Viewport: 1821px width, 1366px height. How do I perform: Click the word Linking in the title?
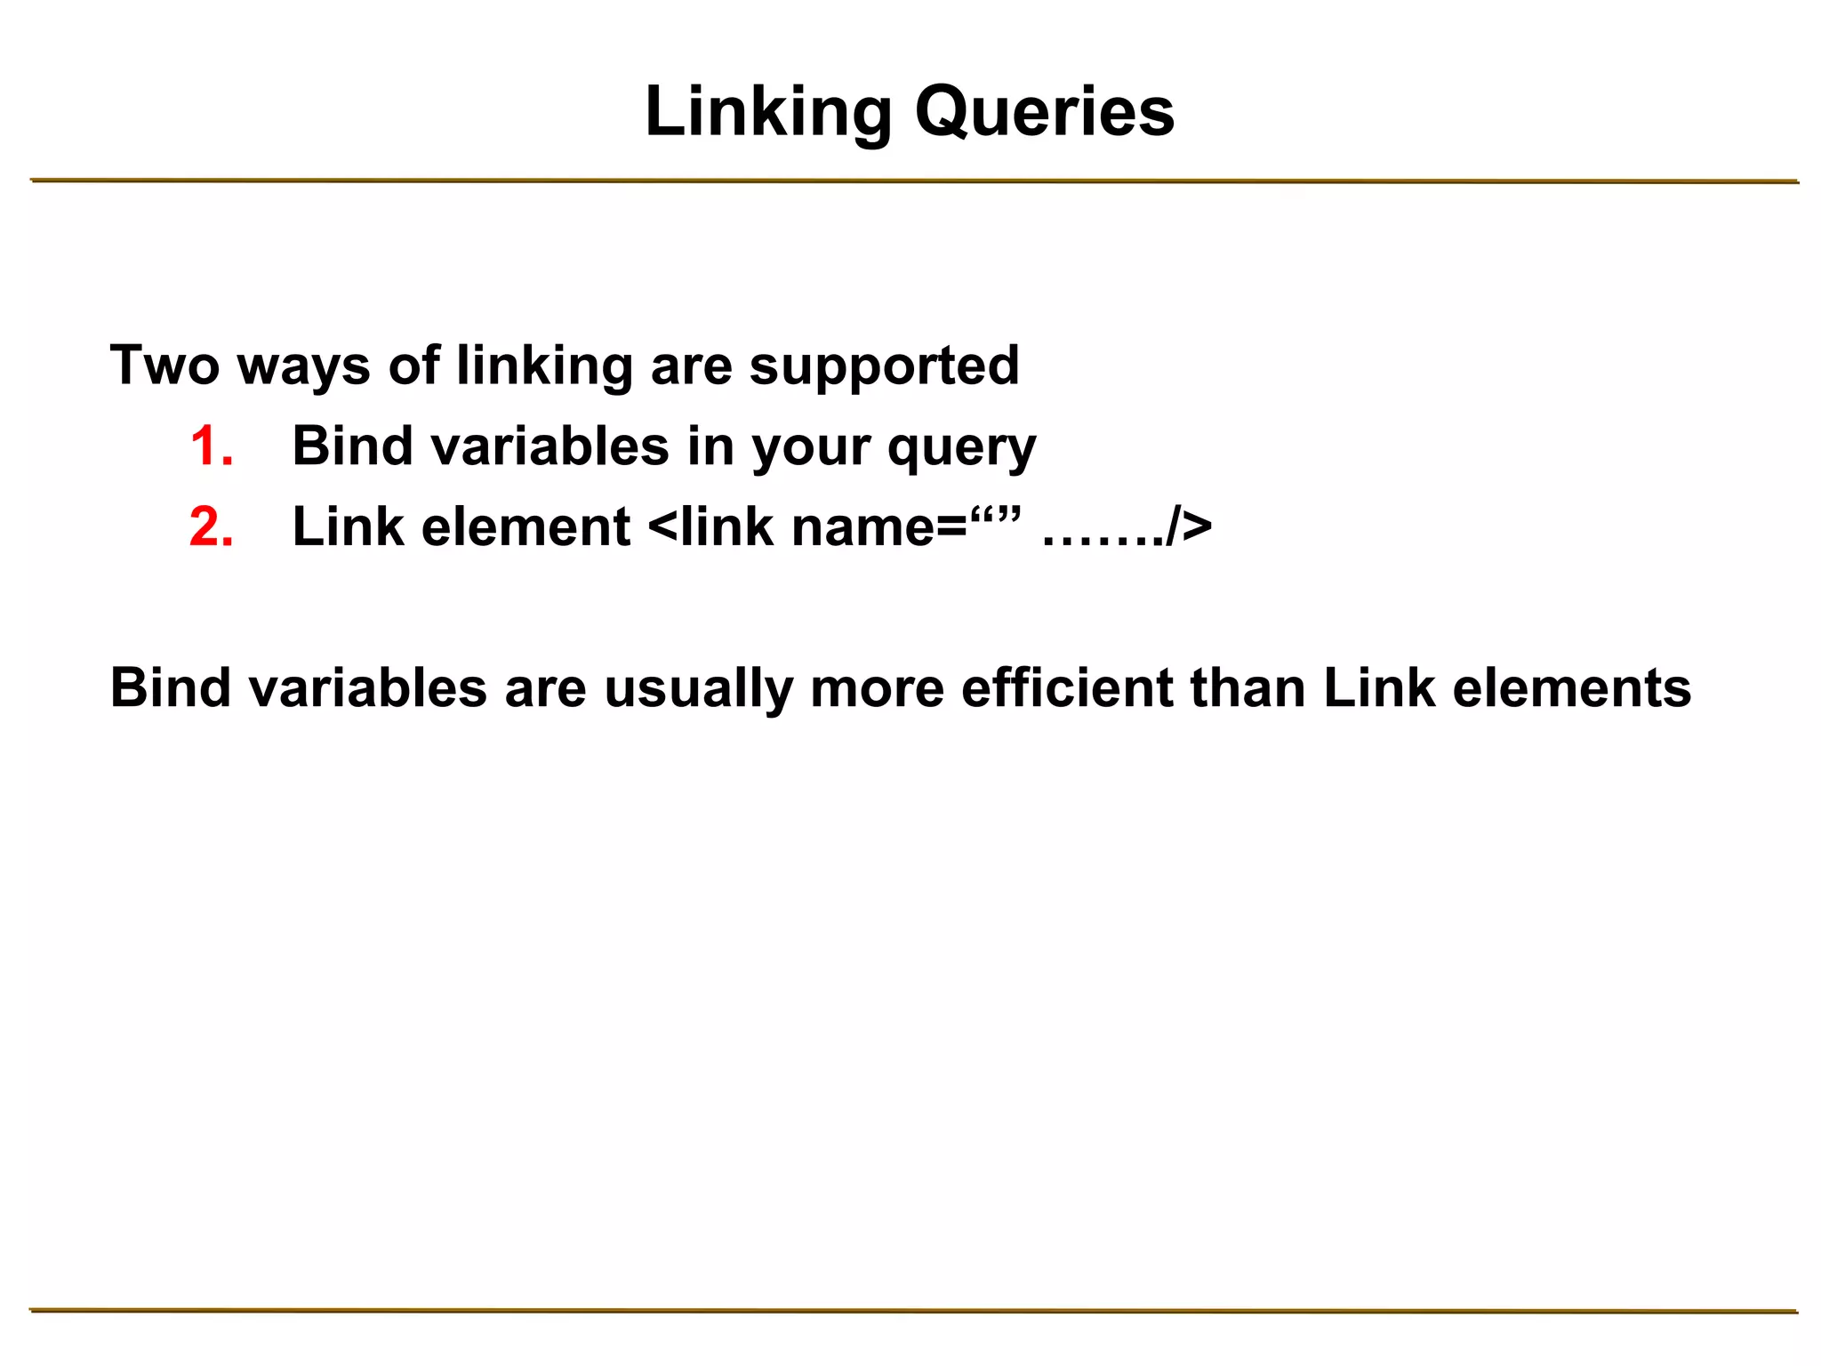click(768, 112)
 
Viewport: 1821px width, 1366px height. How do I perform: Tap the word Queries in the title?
click(1045, 112)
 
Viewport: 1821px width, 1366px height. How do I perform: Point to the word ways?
click(303, 366)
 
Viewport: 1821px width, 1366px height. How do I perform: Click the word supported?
click(884, 366)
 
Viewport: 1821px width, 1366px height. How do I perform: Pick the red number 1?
click(211, 446)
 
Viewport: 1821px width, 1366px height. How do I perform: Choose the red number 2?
click(212, 526)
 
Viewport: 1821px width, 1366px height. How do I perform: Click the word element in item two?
click(525, 526)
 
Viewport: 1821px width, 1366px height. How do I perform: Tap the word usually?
click(698, 689)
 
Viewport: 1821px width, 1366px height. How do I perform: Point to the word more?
click(877, 689)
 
